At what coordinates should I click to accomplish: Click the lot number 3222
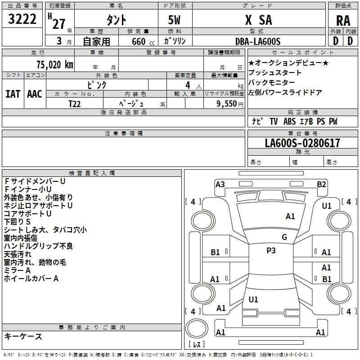22,19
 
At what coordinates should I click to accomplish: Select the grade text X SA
258,20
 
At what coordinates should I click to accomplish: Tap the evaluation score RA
343,21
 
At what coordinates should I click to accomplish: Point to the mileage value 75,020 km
55,64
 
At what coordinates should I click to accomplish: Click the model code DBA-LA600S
258,41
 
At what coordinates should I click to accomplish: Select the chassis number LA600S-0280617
302,143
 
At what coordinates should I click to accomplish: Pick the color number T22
75,104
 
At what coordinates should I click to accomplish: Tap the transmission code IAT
13,94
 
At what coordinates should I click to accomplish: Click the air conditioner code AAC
35,94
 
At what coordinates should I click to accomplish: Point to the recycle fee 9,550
227,103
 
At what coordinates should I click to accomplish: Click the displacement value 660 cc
143,41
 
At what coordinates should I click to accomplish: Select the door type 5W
174,20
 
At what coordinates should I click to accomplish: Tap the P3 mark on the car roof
271,251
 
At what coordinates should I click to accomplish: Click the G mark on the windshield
284,237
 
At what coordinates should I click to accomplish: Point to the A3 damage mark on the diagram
220,184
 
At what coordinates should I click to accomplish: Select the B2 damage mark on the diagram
321,184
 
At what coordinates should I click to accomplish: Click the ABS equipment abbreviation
289,121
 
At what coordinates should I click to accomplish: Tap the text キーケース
23,336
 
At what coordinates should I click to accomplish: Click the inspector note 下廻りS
17,221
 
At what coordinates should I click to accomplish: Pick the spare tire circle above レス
197,328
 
